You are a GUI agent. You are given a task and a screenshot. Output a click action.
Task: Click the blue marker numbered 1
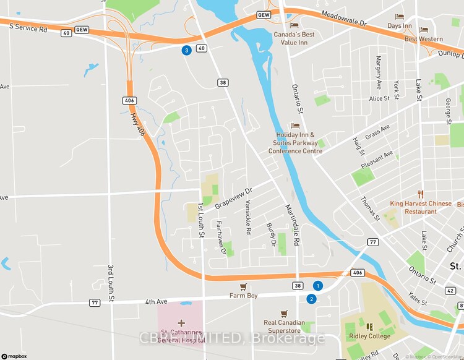318,286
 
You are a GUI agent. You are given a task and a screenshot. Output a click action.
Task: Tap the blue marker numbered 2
311,299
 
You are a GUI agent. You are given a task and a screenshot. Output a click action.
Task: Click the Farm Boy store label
243,296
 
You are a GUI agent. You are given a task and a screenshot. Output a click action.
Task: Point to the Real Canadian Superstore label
284,326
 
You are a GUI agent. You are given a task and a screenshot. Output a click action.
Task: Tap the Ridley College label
370,336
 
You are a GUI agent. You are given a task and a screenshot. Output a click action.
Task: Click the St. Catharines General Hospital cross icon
181,324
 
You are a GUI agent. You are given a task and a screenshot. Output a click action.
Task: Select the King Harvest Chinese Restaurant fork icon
421,194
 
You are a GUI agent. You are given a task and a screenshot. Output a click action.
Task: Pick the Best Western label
424,39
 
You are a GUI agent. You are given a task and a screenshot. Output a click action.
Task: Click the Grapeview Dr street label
234,199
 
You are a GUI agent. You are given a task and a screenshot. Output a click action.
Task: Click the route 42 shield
450,290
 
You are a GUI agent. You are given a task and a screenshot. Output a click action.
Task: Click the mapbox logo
14,356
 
